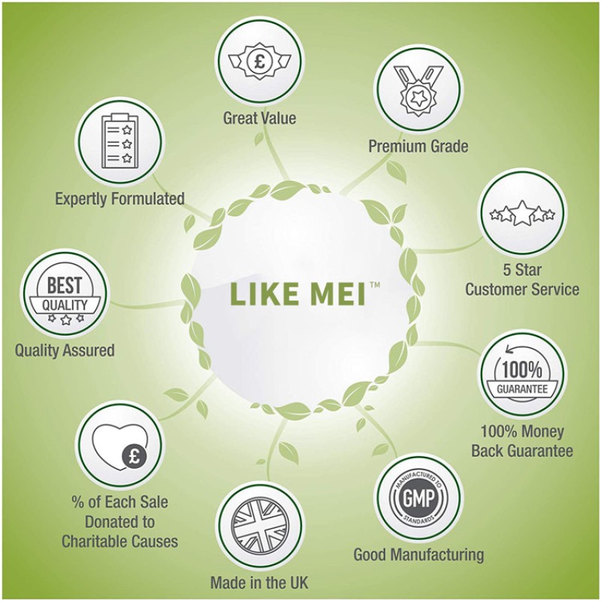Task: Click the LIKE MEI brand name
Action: point(297,294)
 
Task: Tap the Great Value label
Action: point(259,118)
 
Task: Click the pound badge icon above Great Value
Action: point(259,62)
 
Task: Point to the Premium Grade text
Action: point(418,146)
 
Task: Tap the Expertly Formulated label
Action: point(120,199)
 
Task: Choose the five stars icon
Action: point(522,214)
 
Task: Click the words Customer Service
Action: point(522,289)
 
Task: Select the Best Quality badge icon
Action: point(65,296)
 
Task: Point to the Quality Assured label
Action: point(65,350)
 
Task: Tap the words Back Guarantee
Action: point(522,451)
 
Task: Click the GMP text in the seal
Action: point(418,499)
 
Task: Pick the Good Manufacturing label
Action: point(418,554)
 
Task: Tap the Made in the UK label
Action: point(259,583)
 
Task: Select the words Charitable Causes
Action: point(119,542)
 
